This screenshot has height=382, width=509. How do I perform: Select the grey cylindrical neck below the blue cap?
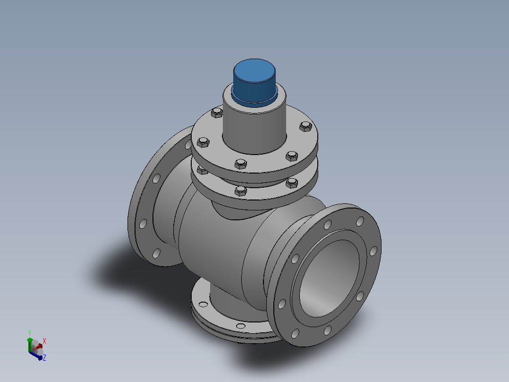click(x=254, y=130)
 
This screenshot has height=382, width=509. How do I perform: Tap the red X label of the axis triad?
click(x=44, y=341)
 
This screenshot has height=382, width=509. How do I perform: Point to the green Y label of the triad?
click(x=30, y=332)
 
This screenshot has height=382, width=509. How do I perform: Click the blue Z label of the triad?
click(x=44, y=357)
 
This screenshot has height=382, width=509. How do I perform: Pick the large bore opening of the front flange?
click(x=329, y=278)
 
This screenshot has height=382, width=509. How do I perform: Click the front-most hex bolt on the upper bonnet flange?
click(x=240, y=164)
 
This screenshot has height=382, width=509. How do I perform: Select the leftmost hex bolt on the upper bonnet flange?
click(x=203, y=142)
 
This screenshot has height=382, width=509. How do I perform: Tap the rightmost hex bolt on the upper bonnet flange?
click(x=305, y=126)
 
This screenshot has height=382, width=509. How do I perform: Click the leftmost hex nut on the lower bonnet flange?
click(x=202, y=170)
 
